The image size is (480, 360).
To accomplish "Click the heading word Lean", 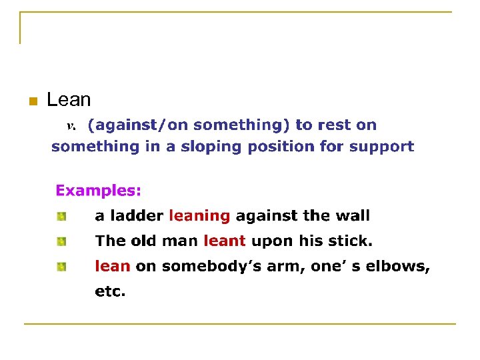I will point(69,100).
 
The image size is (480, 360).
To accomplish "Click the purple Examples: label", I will point(98,191).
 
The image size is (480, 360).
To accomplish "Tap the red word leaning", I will point(199,216).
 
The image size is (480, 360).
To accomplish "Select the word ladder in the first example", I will point(139,216).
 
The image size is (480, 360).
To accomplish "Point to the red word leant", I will point(224,241).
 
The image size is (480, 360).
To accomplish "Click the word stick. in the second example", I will point(351,241).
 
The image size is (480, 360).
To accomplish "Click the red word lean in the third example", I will point(112,266).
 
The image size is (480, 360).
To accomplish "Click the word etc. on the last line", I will point(110,291).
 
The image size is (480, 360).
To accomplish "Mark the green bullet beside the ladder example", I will point(61,216).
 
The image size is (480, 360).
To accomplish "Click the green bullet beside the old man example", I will point(61,241).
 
